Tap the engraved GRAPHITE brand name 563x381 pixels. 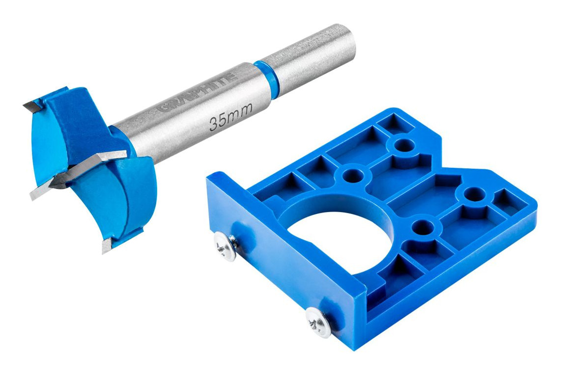(197, 92)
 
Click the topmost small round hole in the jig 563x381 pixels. (404, 145)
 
